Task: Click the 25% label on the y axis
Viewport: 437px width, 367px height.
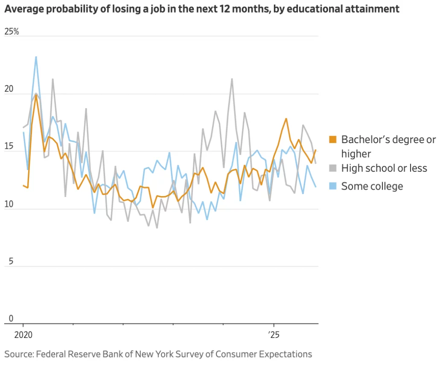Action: (12, 32)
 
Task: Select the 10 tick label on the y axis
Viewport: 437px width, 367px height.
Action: (9, 204)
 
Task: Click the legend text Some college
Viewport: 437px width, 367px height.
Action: (372, 186)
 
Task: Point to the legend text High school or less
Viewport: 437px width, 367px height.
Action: (384, 168)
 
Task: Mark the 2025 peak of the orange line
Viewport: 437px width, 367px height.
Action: (286, 118)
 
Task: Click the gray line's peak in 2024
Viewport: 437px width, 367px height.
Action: (232, 79)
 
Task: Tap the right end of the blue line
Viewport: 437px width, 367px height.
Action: (316, 187)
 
